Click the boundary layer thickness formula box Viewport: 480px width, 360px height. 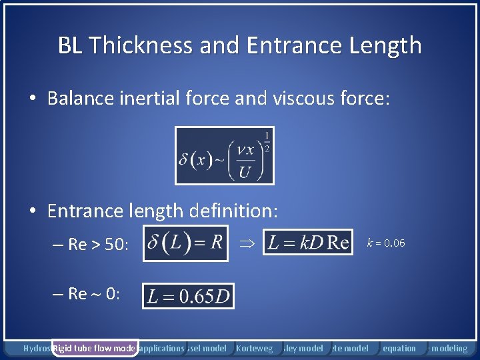click(224, 155)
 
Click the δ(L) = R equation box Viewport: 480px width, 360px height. click(185, 243)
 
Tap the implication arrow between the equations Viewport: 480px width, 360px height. click(245, 243)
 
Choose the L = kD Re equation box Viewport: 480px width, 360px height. click(308, 243)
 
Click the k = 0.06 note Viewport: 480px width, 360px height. click(386, 243)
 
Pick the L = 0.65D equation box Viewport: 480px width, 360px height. click(188, 296)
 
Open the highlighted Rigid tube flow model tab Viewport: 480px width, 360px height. click(95, 348)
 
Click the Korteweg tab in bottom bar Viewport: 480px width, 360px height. click(255, 348)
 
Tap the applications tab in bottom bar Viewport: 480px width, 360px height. click(162, 348)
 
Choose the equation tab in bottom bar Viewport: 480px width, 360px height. click(400, 348)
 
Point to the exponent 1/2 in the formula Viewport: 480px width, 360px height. click(267, 141)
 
